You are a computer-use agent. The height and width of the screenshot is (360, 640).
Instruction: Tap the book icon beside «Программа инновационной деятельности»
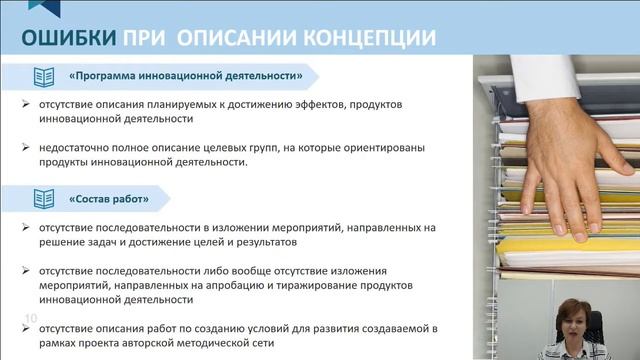click(x=44, y=76)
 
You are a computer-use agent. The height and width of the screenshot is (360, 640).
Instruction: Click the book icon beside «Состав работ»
click(x=44, y=198)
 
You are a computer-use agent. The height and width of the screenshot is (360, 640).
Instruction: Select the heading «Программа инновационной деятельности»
click(x=186, y=76)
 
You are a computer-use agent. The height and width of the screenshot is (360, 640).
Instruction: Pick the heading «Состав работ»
click(x=109, y=198)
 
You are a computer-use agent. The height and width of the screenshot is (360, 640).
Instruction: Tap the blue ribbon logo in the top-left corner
click(x=37, y=8)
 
